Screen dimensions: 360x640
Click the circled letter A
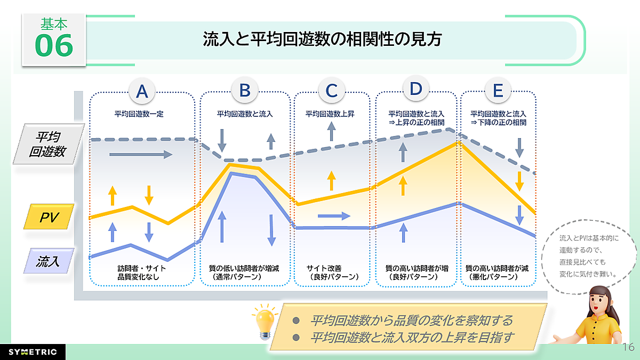(x=142, y=91)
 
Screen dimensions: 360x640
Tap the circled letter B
(x=245, y=90)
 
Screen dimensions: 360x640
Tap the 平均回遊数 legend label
(x=47, y=143)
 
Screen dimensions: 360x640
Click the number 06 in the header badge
(x=53, y=46)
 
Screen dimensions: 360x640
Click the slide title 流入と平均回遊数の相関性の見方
(x=323, y=39)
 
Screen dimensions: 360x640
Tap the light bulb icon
(x=266, y=322)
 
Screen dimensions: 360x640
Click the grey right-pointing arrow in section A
(x=141, y=155)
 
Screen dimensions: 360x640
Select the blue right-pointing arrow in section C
(x=334, y=216)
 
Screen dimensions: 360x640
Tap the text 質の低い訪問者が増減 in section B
(x=245, y=268)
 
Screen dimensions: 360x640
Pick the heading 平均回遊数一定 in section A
(x=141, y=114)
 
